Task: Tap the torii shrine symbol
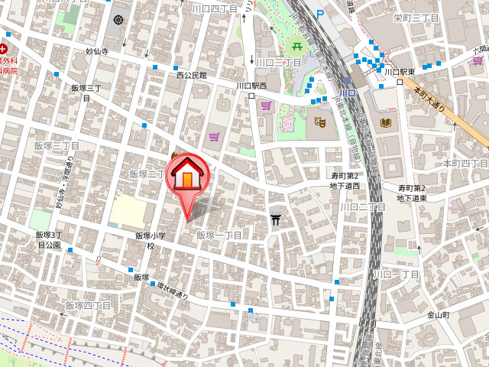coord(275,221)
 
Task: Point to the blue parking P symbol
coord(320,13)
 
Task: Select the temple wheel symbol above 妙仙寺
coord(118,20)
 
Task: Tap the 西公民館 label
coord(191,76)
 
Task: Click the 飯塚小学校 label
coord(150,241)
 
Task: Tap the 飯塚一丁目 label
coord(219,235)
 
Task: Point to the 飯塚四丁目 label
coord(86,306)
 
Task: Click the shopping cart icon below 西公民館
coord(215,137)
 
